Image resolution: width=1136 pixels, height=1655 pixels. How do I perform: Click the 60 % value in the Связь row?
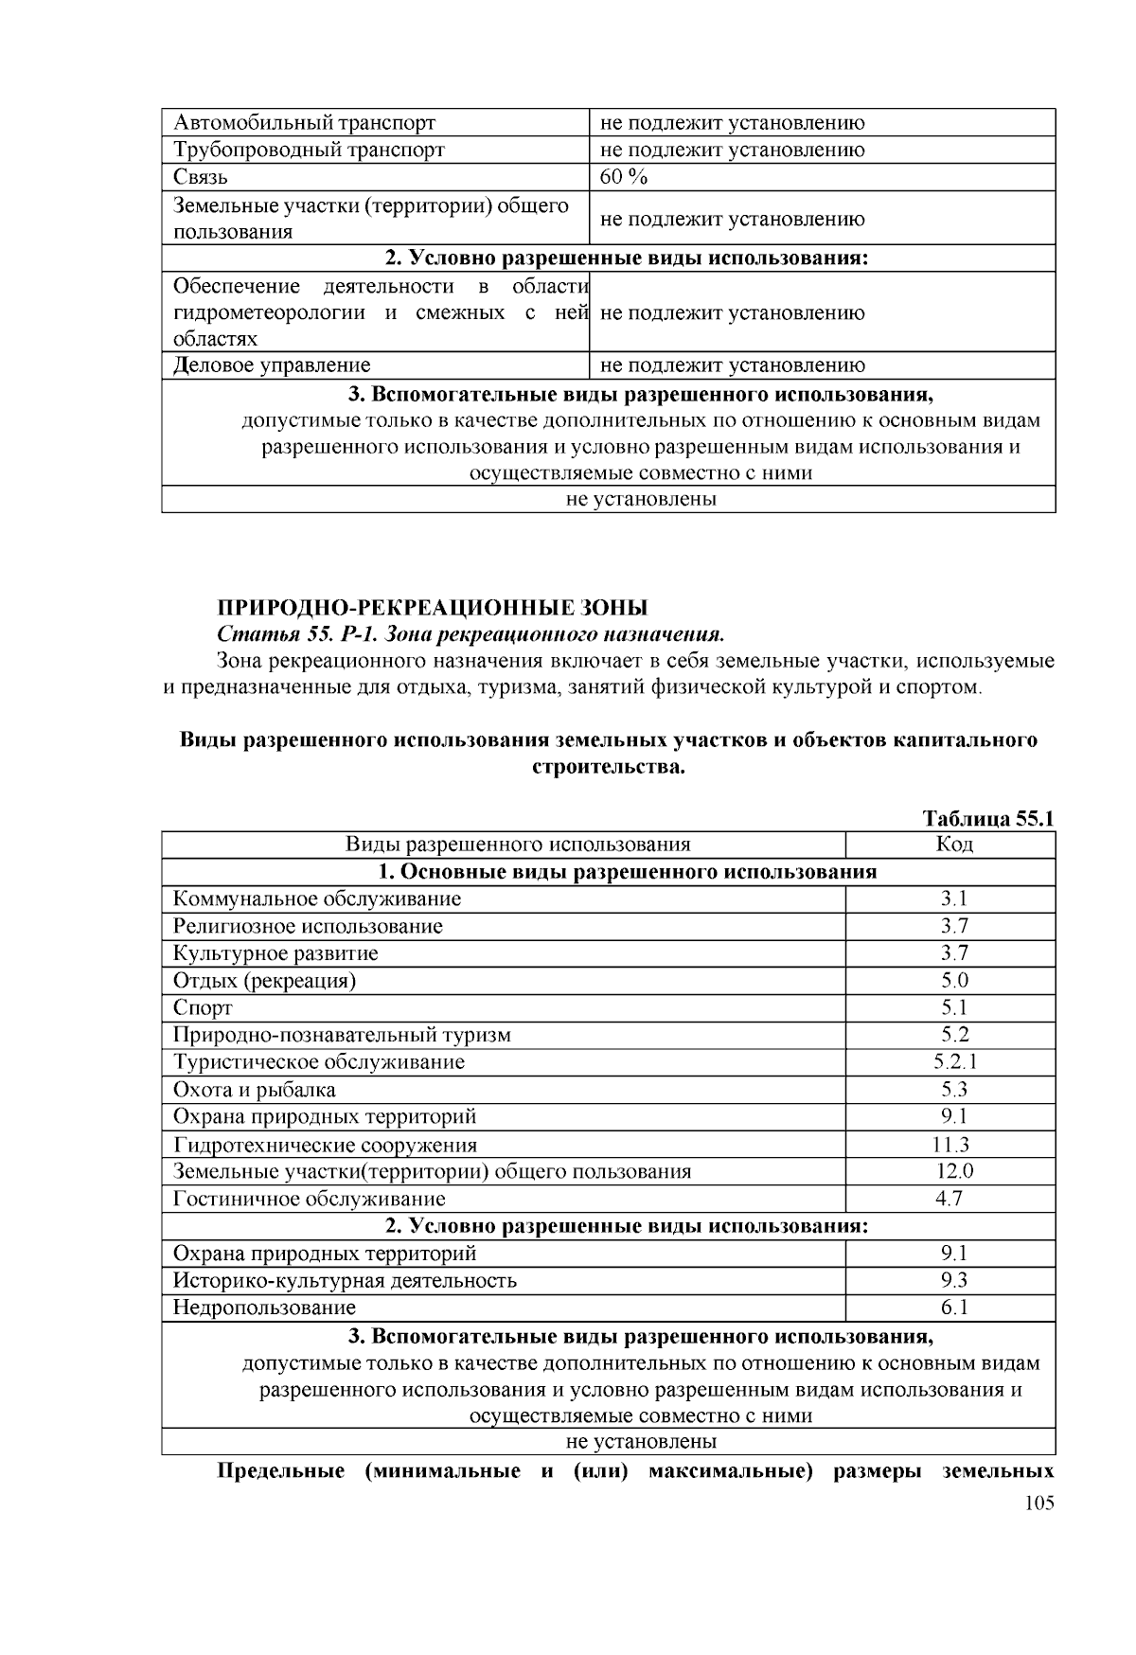pos(624,177)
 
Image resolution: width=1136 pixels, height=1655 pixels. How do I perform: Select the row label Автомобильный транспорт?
pos(304,123)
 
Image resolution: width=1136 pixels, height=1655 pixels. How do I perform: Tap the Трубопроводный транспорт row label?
pos(309,150)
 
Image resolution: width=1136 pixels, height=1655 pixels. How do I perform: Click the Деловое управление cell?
pos(272,365)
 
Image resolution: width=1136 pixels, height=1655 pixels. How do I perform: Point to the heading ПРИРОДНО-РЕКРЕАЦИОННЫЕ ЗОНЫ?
pos(433,607)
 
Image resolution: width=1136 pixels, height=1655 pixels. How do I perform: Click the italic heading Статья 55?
pos(470,632)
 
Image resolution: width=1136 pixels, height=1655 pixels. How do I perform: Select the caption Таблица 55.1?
pos(988,819)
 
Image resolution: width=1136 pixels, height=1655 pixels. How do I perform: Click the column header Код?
pos(953,845)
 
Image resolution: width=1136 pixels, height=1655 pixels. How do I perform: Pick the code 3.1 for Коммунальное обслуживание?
pos(953,899)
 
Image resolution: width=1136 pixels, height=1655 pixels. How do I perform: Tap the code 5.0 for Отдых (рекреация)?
pos(953,981)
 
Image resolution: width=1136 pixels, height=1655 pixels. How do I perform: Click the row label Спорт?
pos(203,1008)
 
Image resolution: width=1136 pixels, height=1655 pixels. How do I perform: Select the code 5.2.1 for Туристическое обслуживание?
pos(953,1062)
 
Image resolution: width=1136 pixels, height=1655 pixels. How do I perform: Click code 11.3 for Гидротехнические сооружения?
pos(951,1145)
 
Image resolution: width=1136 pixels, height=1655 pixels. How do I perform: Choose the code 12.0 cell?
pos(954,1171)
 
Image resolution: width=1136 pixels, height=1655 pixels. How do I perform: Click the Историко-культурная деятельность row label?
pos(345,1281)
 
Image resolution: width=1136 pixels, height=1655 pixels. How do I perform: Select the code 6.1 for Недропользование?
pos(953,1308)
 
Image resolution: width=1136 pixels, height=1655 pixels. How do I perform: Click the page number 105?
pos(1038,1504)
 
